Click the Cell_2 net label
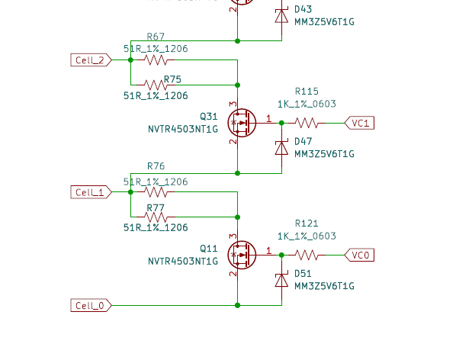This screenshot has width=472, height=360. pyautogui.click(x=90, y=59)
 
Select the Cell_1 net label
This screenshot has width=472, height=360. pyautogui.click(x=90, y=192)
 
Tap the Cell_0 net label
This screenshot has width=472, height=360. pyautogui.click(x=90, y=305)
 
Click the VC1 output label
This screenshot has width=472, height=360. pyautogui.click(x=361, y=122)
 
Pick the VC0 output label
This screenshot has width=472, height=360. pyautogui.click(x=361, y=255)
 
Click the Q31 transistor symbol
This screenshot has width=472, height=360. pyautogui.click(x=242, y=122)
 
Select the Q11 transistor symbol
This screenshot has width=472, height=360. pyautogui.click(x=242, y=255)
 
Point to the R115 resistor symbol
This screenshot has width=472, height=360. pyautogui.click(x=307, y=122)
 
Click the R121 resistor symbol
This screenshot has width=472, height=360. pyautogui.click(x=307, y=255)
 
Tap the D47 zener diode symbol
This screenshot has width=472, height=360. pyautogui.click(x=281, y=148)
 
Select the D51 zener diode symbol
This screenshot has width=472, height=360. pyautogui.click(x=281, y=280)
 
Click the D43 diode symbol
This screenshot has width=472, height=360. pyautogui.click(x=281, y=15)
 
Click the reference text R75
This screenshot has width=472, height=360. pyautogui.click(x=172, y=79)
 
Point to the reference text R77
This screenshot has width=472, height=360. pyautogui.click(x=156, y=207)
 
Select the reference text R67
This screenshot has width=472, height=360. pyautogui.click(x=156, y=37)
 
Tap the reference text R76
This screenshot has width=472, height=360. pyautogui.click(x=156, y=166)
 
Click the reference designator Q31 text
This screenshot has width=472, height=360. pyautogui.click(x=208, y=116)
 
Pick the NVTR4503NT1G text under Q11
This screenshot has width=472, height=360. pyautogui.click(x=183, y=261)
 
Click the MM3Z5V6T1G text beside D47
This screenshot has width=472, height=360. pyautogui.click(x=324, y=153)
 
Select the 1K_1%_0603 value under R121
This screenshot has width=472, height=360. pyautogui.click(x=307, y=236)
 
